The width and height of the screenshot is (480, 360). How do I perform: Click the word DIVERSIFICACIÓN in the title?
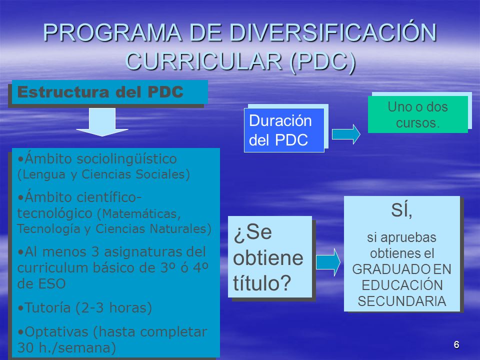[333, 32]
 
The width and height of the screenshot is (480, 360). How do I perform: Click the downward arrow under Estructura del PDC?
[102, 122]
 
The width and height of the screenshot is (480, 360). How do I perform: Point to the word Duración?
[280, 120]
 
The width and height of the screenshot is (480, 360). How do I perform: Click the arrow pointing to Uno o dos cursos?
[346, 134]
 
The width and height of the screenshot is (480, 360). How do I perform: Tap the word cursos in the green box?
[417, 123]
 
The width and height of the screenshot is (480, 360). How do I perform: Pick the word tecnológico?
[55, 213]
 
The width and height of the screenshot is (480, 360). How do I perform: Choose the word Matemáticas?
[139, 213]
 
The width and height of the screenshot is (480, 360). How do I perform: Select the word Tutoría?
[48, 307]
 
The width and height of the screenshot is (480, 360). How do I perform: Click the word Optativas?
[56, 332]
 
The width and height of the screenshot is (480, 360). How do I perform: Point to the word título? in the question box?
[262, 283]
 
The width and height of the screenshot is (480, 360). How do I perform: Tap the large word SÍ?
[401, 210]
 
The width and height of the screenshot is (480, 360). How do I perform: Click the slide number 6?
[456, 344]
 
